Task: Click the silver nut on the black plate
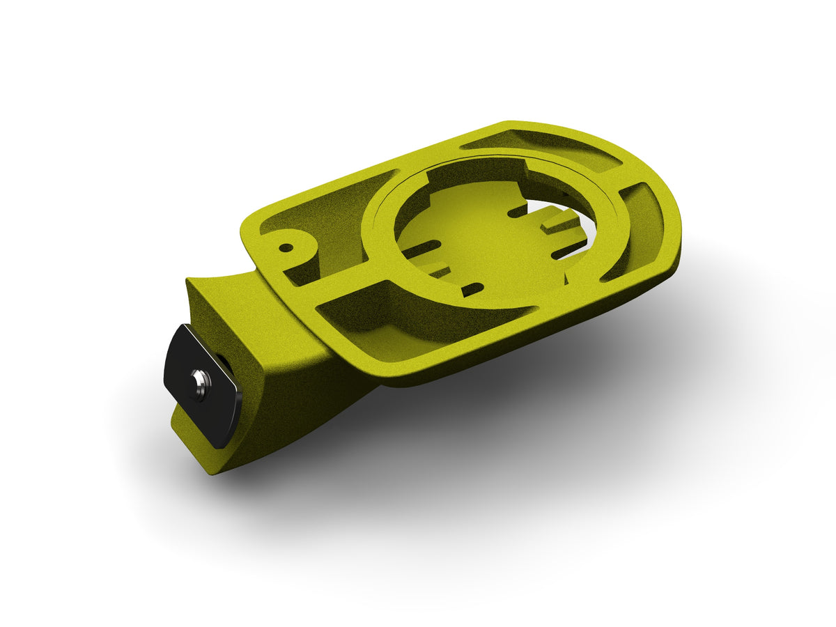pyautogui.click(x=201, y=384)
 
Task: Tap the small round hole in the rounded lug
pyautogui.click(x=285, y=247)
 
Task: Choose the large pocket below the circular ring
pyautogui.click(x=390, y=327)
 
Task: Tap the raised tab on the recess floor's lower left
pyautogui.click(x=435, y=268)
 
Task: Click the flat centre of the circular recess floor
pyautogui.click(x=481, y=237)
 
